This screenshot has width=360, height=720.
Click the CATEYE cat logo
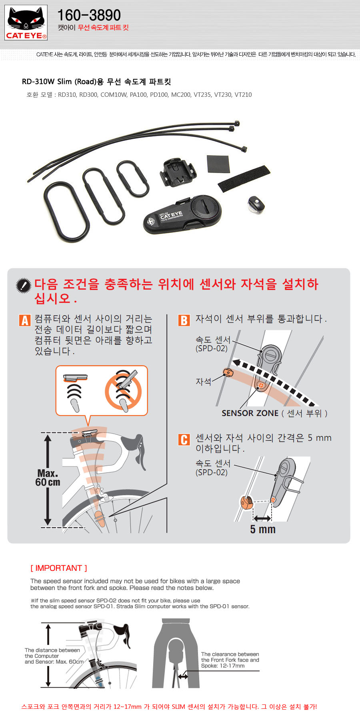[26, 22]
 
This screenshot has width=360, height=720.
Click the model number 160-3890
[89, 15]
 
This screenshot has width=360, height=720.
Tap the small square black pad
[218, 164]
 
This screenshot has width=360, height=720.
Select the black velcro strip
[244, 178]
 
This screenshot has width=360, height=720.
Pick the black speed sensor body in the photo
[183, 215]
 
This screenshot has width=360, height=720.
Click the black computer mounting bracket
[178, 173]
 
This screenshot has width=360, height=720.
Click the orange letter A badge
[25, 320]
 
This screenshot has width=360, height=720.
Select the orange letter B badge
[184, 320]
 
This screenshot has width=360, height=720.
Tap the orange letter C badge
[184, 440]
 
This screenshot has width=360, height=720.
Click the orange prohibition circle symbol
[123, 392]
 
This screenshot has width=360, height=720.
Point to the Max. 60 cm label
[48, 478]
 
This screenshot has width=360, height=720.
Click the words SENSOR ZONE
[250, 413]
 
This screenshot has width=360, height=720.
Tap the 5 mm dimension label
[263, 529]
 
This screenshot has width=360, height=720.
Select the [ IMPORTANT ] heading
[59, 568]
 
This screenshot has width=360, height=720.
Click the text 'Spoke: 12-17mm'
[223, 666]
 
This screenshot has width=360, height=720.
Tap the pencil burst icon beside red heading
[23, 285]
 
